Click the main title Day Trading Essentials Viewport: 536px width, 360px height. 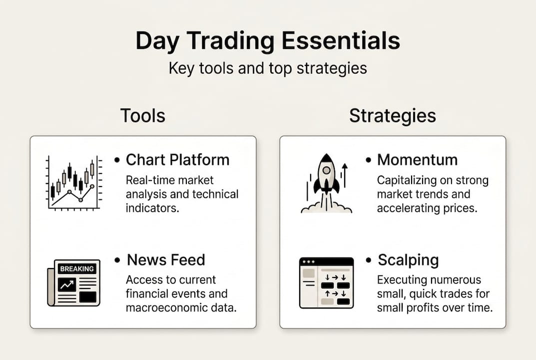coord(268,41)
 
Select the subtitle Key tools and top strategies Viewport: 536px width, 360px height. coord(268,68)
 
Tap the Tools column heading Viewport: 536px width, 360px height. coord(142,115)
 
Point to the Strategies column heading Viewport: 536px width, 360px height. coord(392,115)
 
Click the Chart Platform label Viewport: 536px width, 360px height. coord(177,159)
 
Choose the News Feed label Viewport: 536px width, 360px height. coord(166,260)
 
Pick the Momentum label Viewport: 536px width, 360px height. coord(417,159)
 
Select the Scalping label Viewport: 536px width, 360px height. coord(408,260)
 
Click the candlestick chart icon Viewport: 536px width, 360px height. coord(74,182)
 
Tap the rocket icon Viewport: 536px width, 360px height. coord(326,182)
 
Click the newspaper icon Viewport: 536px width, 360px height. coord(74,282)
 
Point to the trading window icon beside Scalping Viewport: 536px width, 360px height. coord(326,282)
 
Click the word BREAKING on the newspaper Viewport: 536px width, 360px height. coord(76,269)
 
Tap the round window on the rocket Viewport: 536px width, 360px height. coord(326,170)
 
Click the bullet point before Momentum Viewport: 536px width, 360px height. coord(368,160)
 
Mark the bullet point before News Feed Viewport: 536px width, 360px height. coord(117,260)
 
